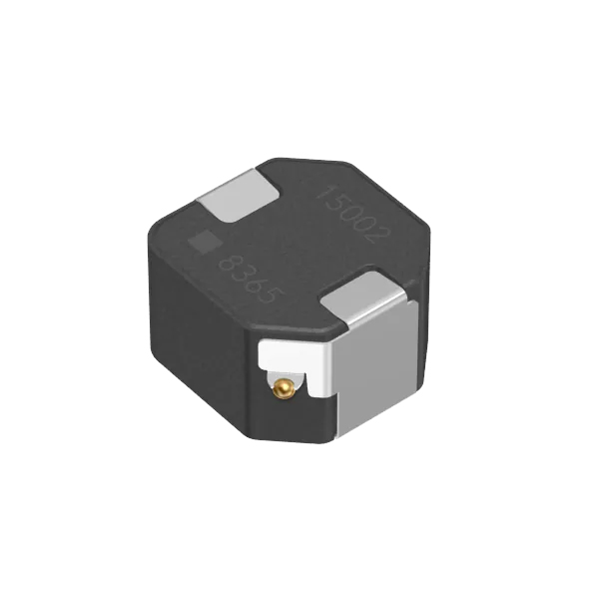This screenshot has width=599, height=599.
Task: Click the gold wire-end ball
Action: [x=283, y=388]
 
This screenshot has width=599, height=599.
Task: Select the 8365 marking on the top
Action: [x=253, y=280]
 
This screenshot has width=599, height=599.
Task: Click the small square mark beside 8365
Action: [x=205, y=243]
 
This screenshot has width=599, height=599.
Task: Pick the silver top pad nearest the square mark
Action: [x=238, y=196]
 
